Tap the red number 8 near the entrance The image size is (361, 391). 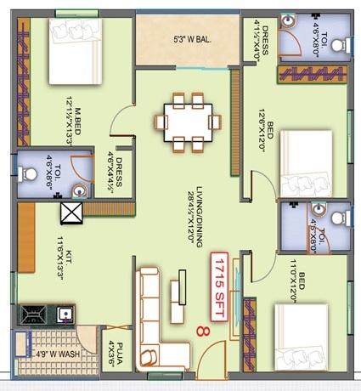[x=201, y=331]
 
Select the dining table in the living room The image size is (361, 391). [x=188, y=122]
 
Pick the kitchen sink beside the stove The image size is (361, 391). [x=63, y=316]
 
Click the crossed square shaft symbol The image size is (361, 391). [x=70, y=212]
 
